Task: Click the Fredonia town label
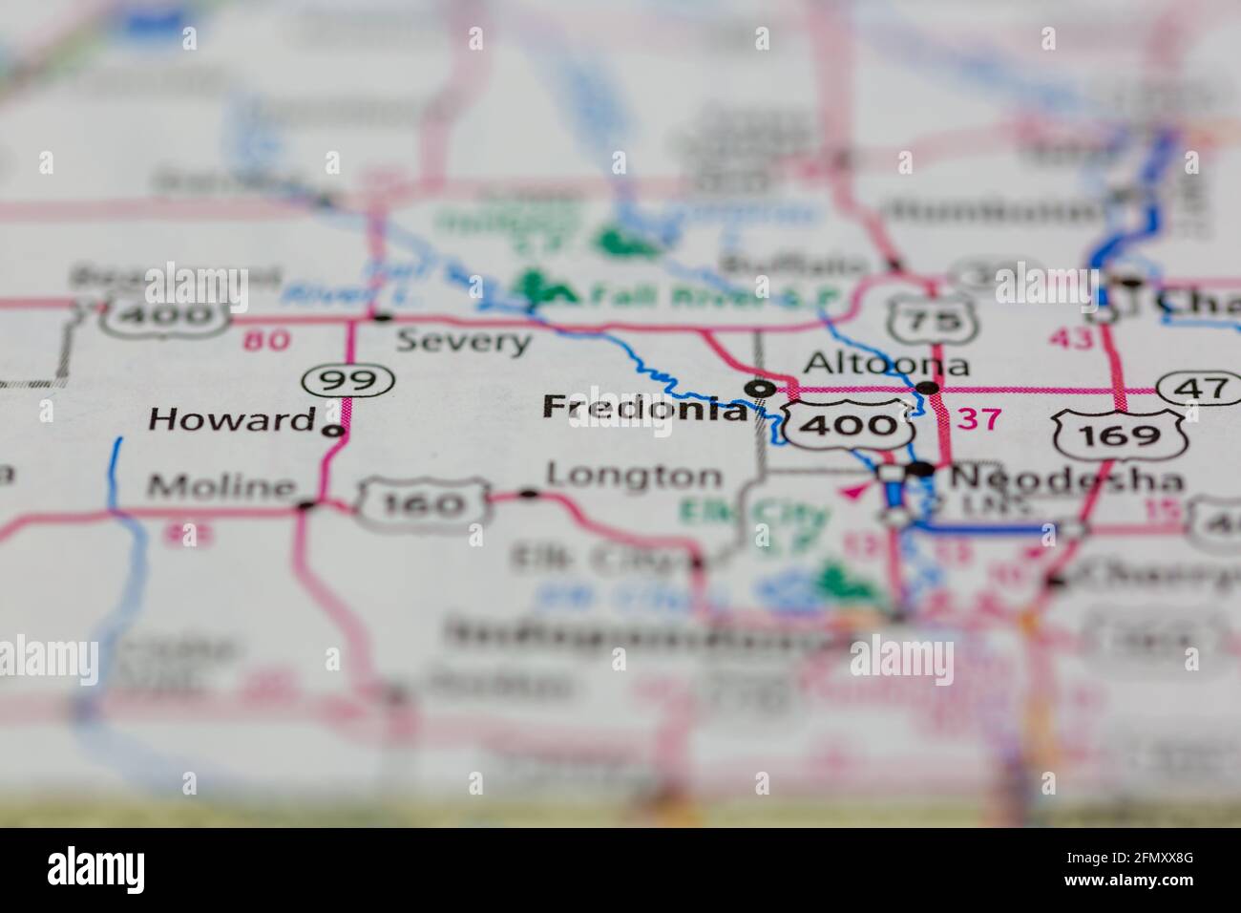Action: [x=644, y=409]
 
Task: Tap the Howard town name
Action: [x=232, y=419]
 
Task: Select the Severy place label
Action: [x=463, y=341]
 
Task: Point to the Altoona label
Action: [x=887, y=364]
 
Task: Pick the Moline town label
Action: [x=221, y=487]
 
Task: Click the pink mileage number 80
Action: [x=266, y=341]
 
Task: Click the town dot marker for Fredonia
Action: [x=760, y=388]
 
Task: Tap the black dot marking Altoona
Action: [x=927, y=387]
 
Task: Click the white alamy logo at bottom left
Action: [x=96, y=869]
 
